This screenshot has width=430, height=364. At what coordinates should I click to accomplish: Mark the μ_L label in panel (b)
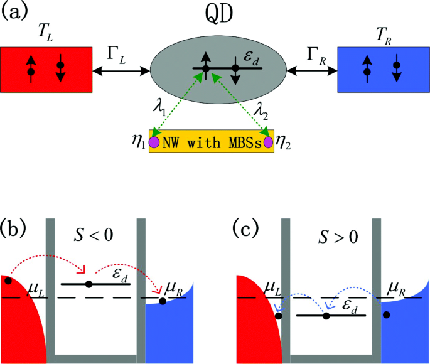(x=36, y=290)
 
